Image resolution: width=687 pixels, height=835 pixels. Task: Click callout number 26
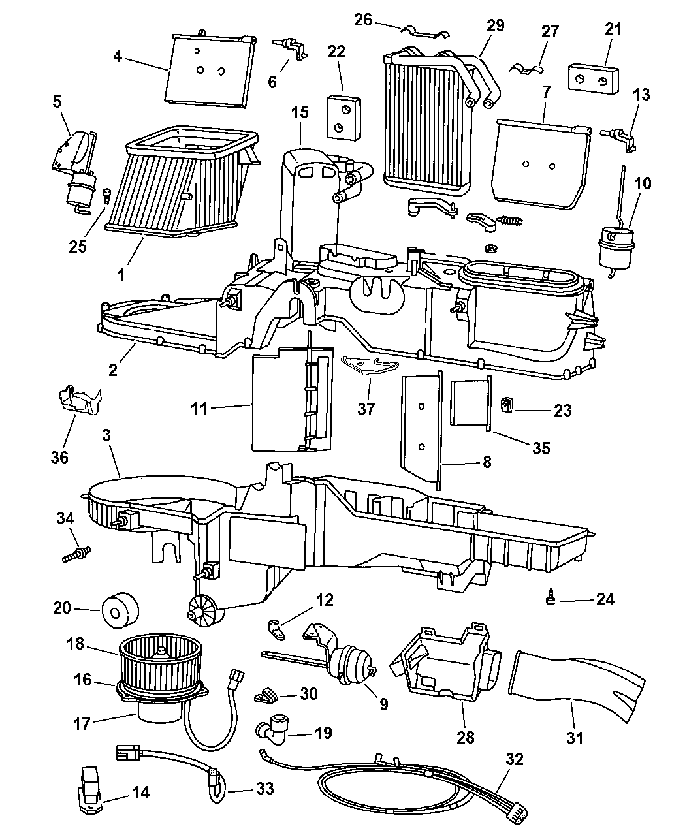tap(363, 20)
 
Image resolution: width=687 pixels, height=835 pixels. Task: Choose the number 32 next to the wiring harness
tap(515, 759)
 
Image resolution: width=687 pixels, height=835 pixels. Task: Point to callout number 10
tap(643, 183)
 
